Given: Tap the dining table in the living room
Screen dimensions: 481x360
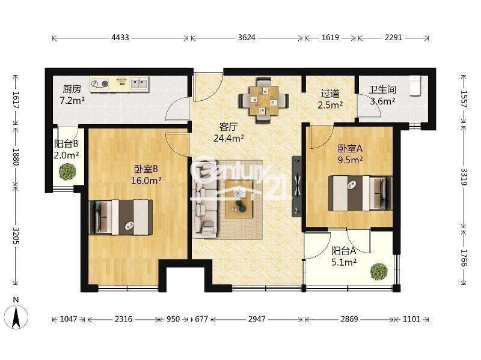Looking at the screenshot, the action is pos(264,100).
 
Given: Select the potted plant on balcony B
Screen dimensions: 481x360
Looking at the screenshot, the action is pos(68,172).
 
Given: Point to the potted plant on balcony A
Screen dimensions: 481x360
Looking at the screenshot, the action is pos(379,272).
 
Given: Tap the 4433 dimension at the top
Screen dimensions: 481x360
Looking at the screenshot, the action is pos(120,38).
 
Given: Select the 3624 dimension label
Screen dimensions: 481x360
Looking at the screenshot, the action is pos(247,38).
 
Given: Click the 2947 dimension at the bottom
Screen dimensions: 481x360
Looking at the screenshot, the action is pos(257,319).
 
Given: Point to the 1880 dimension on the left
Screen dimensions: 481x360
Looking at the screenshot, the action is pos(16,157).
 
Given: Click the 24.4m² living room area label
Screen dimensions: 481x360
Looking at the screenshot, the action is pos(229,139).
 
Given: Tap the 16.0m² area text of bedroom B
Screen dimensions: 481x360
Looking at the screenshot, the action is pos(146,181).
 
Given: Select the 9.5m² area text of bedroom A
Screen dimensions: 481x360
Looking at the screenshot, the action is pos(351,160).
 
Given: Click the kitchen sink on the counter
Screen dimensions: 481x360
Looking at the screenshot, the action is pos(139,83).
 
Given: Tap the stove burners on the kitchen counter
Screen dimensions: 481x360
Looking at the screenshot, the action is pos(100,83).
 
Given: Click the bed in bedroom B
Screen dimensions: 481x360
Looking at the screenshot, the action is pos(121,217).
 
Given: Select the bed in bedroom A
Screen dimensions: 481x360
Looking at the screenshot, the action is pos(360,193).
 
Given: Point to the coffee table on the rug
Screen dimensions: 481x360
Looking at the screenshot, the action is pos(239,200).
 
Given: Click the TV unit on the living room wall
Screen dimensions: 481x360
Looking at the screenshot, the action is pos(296,186).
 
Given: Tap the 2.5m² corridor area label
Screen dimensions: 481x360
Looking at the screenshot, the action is pos(330,105).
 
